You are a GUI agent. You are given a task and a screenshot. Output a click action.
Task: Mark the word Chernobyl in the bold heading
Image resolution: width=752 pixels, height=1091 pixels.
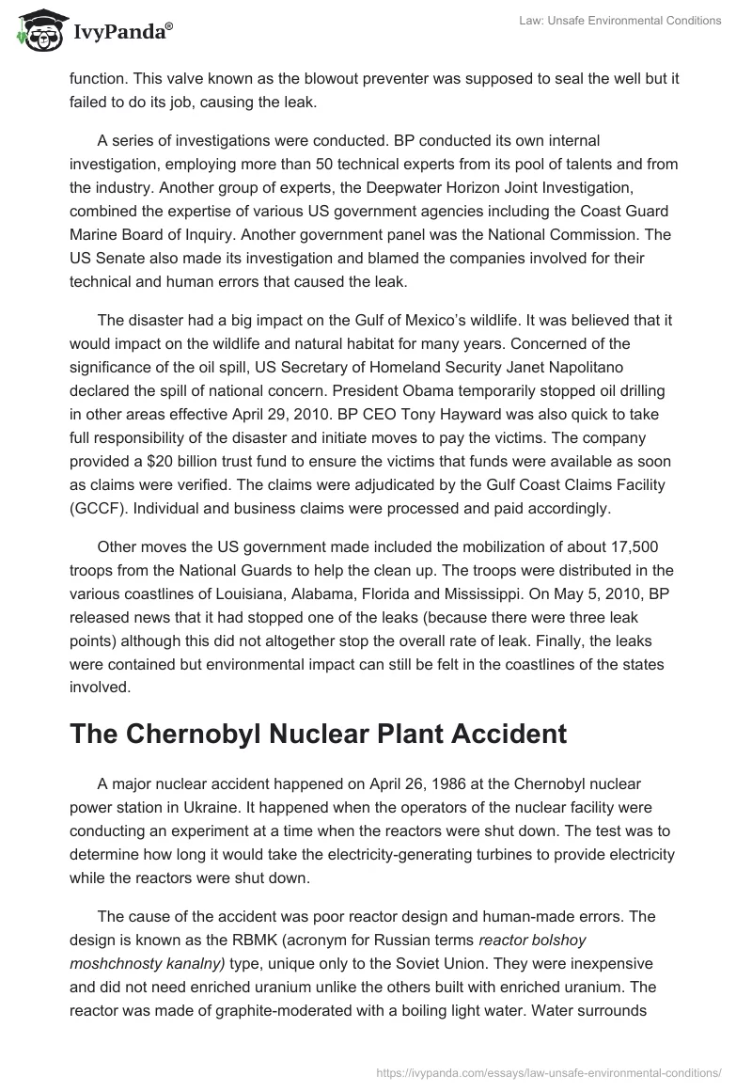(x=196, y=734)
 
